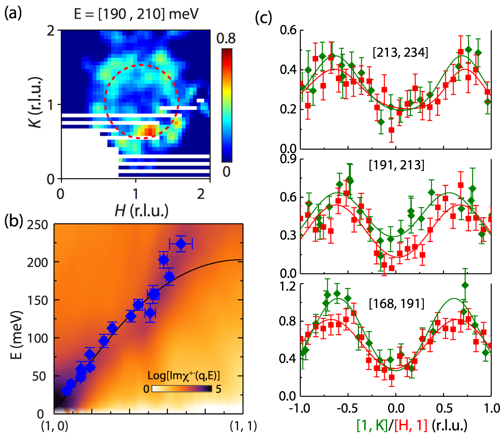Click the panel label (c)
[263, 17]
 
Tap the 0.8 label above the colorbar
[226, 38]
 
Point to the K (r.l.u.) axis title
[35, 102]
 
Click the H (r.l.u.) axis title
[141, 210]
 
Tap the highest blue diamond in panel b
[181, 244]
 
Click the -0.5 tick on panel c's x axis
[347, 408]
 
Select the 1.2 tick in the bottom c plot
[289, 286]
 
